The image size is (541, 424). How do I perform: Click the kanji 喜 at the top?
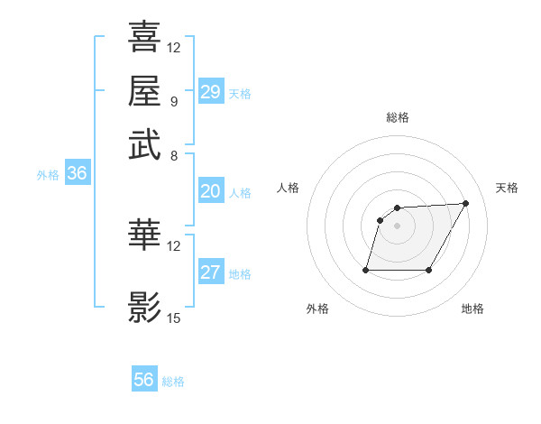click(144, 38)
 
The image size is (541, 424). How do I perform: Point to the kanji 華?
click(144, 235)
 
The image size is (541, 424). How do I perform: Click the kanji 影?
click(144, 307)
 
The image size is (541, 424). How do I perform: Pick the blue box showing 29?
click(210, 92)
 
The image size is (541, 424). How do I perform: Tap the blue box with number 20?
click(210, 191)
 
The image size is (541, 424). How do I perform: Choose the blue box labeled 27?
click(210, 273)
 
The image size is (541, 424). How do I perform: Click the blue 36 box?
click(77, 174)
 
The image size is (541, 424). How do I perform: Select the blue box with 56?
click(144, 380)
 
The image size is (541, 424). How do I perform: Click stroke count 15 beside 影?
click(174, 318)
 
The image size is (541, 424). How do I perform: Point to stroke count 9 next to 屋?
click(174, 100)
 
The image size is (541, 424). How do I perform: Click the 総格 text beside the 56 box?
click(173, 382)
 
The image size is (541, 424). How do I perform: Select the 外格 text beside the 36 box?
click(47, 176)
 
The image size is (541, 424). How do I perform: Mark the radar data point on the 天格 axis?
click(465, 203)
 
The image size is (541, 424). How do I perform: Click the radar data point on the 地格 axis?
click(428, 270)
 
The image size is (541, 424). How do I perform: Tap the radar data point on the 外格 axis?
click(366, 270)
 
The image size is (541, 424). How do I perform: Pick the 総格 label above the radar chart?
click(398, 117)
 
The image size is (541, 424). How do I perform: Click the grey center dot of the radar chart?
click(398, 226)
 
